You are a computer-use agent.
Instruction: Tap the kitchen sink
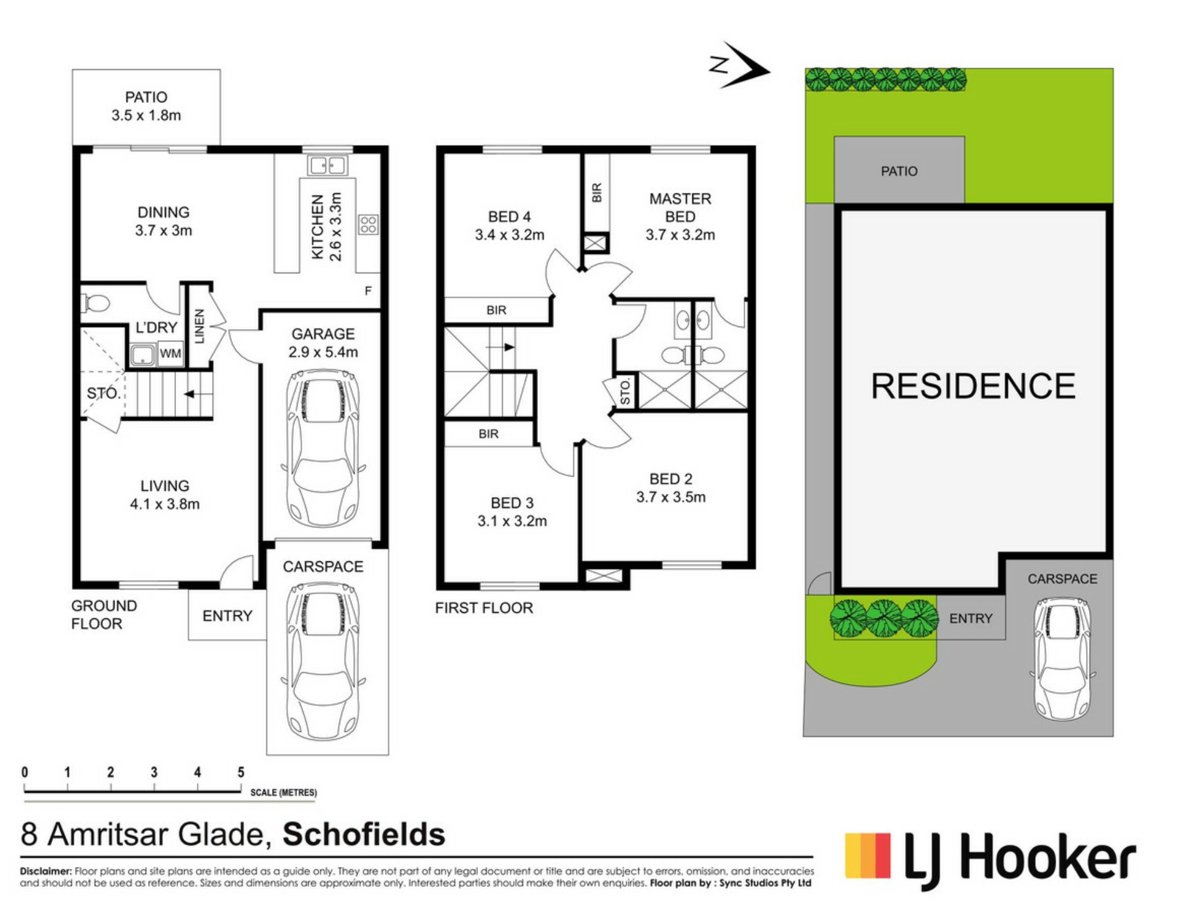point(328,165)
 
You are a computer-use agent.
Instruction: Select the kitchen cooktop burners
point(368,224)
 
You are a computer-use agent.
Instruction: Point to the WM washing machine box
point(170,353)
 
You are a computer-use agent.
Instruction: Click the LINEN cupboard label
point(200,327)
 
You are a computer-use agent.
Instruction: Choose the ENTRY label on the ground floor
point(227,616)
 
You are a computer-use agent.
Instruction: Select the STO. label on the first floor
point(625,392)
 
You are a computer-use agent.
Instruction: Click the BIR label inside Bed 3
point(488,434)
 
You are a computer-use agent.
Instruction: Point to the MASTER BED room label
point(681,208)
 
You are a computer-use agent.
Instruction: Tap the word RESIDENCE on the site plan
point(973,386)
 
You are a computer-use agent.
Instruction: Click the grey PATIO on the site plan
point(899,170)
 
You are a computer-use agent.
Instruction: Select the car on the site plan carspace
point(1063,659)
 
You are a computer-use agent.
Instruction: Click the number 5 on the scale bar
point(241,772)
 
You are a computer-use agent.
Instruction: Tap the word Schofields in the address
point(364,834)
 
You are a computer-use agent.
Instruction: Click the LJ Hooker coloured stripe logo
point(868,856)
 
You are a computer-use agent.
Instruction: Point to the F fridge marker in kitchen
point(368,291)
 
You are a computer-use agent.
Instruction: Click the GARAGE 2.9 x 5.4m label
point(323,343)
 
